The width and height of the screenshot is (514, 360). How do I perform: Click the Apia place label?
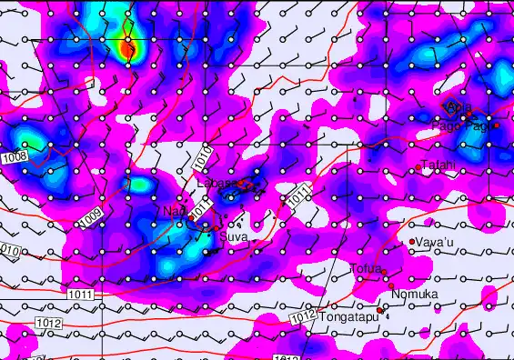[459, 110]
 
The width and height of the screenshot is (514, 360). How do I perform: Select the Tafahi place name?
[439, 165]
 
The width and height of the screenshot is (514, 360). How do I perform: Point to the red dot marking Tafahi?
[418, 167]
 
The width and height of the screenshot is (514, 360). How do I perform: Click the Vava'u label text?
[435, 243]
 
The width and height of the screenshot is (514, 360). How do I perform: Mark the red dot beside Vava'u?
[412, 241]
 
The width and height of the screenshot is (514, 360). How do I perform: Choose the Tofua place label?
[365, 268]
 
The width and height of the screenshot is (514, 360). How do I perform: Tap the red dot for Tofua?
[385, 272]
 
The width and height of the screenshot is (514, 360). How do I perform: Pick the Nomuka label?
[414, 295]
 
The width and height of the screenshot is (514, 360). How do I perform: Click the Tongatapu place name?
[347, 318]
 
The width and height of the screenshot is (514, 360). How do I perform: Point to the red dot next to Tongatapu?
[380, 311]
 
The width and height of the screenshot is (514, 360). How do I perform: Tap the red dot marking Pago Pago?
[497, 125]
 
